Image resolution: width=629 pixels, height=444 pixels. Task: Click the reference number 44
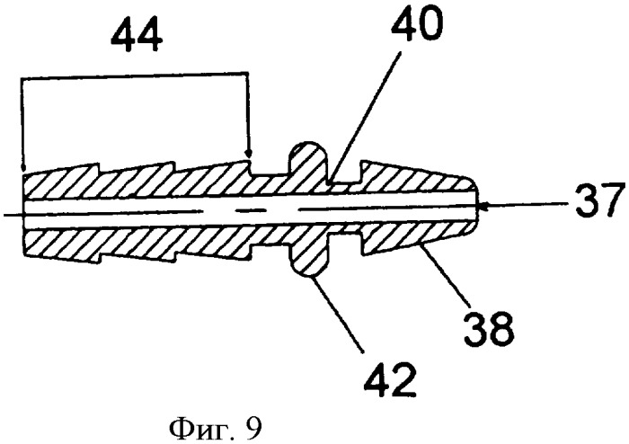137,37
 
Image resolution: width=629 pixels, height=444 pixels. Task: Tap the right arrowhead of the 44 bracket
250,154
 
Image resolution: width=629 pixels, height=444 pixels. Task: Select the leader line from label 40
365,116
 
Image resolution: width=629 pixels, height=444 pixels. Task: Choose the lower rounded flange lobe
309,257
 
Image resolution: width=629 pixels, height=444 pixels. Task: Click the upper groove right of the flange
345,176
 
